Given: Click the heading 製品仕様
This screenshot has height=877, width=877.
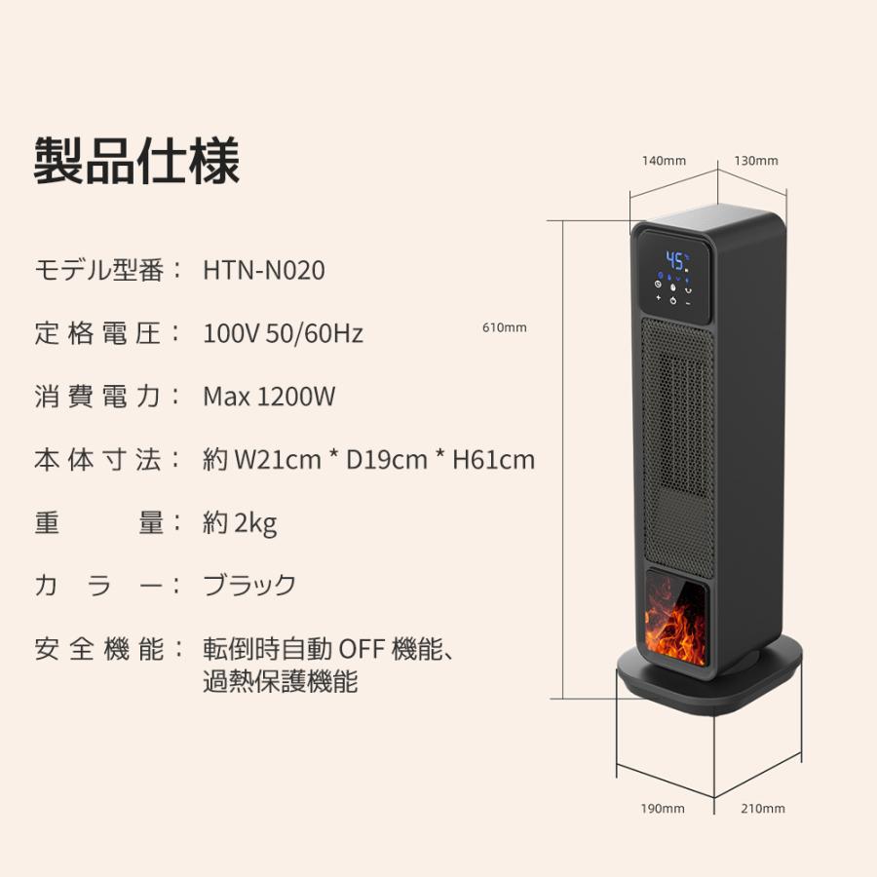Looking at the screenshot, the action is pos(136,160).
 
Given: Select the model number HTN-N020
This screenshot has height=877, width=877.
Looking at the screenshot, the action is pos(263,270).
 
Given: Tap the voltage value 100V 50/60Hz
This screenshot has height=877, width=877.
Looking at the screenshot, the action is pos(283,333).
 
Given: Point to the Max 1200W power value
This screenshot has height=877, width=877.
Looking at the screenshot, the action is pos(269,397).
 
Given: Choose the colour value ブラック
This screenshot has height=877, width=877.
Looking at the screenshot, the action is pos(249,586).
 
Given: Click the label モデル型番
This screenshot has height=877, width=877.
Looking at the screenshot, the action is pos(99,270).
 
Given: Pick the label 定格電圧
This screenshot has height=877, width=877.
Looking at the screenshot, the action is pos(99,333).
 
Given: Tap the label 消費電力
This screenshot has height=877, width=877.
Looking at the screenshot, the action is pos(99,397).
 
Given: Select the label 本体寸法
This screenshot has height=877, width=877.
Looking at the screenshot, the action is pos(99,460).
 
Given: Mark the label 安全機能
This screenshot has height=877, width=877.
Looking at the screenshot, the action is pos(99,649).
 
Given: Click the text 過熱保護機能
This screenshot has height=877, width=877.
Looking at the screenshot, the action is pos(281,681).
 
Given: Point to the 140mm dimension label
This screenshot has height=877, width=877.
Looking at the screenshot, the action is pos(665,161).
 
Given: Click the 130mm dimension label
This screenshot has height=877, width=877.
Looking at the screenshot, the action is pos(756,161).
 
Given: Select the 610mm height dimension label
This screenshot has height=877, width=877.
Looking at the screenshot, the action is pos(504,327).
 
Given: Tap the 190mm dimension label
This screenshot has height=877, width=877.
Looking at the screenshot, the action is pos(663,808).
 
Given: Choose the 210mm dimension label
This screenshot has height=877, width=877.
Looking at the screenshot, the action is pos(762,808).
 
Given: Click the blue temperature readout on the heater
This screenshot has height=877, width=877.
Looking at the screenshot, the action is pos(675,260).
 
